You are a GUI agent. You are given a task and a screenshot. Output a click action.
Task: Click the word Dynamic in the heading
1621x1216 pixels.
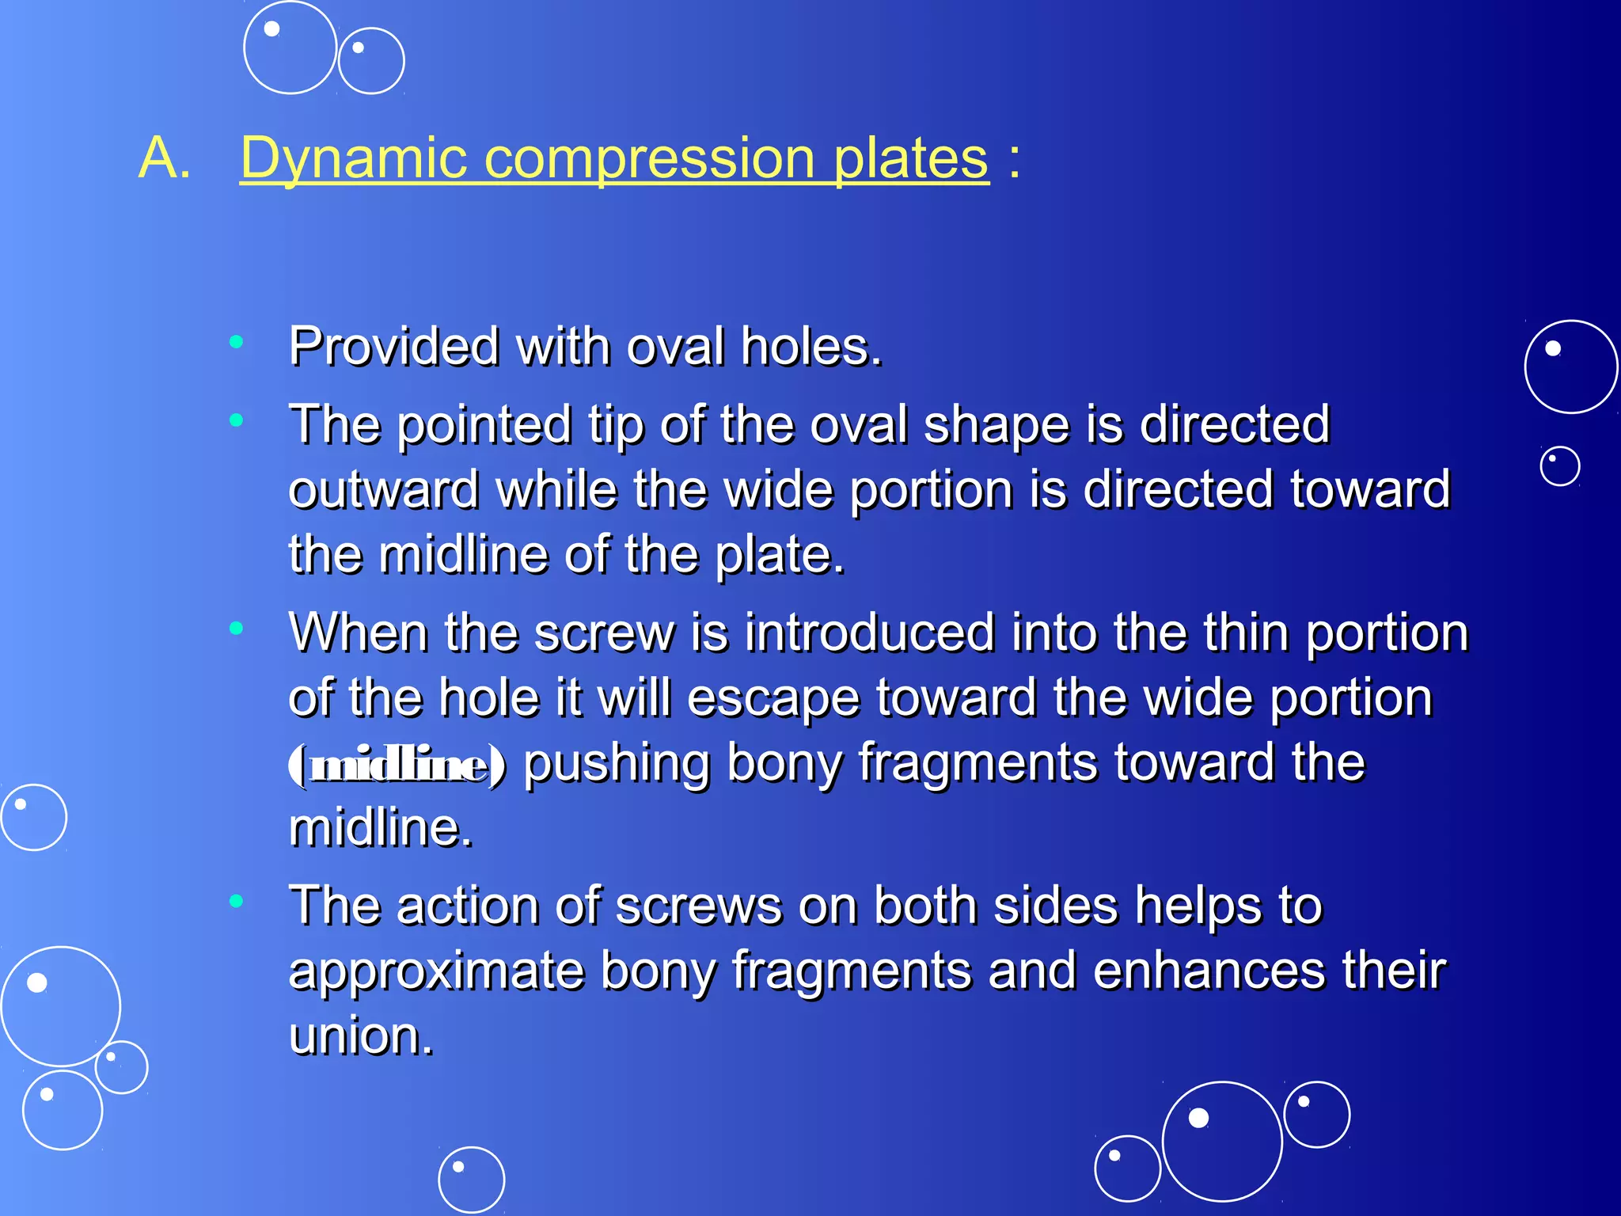click(353, 158)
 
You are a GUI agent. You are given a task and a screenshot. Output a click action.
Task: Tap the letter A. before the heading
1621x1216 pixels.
click(165, 158)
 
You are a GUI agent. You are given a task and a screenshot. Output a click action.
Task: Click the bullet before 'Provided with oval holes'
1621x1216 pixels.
click(236, 342)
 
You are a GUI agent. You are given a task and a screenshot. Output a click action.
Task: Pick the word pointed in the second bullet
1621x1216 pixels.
click(484, 425)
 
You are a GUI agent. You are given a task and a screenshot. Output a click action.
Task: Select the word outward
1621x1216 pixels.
click(384, 489)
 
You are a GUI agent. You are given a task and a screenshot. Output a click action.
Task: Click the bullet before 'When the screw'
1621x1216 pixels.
click(236, 629)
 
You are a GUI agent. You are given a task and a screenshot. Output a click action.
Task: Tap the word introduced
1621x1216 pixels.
click(870, 633)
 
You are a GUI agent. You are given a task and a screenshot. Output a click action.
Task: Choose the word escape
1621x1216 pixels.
click(773, 698)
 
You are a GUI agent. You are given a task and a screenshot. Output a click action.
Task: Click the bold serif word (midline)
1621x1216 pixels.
click(397, 765)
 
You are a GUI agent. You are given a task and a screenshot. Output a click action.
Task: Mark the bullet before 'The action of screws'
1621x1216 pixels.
click(236, 901)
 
